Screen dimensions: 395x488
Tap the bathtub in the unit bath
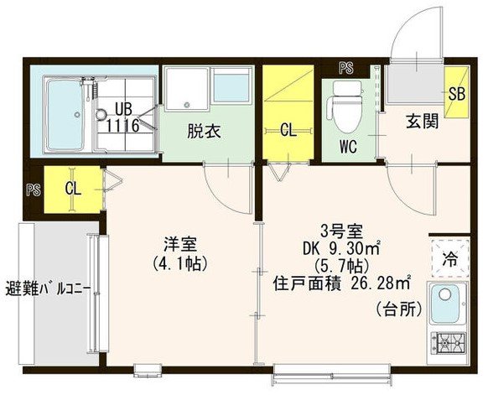click(64, 112)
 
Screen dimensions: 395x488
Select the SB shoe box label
click(458, 94)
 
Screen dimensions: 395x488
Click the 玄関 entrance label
click(423, 121)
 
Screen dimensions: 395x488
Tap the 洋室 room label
click(180, 244)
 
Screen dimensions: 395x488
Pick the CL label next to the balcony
click(73, 188)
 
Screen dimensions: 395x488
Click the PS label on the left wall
click(33, 189)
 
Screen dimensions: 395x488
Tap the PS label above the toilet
click(345, 67)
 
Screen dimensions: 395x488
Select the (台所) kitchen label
click(397, 308)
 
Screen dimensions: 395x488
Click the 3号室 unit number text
click(339, 230)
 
